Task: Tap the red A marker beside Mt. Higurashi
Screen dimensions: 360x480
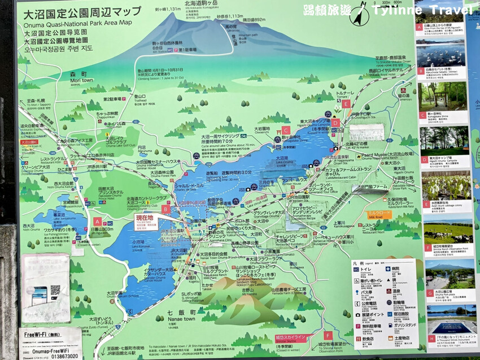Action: [98, 222]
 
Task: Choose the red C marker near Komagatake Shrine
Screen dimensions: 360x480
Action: [286, 131]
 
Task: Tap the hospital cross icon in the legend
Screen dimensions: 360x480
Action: [390, 268]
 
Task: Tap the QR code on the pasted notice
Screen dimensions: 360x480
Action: [55, 289]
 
